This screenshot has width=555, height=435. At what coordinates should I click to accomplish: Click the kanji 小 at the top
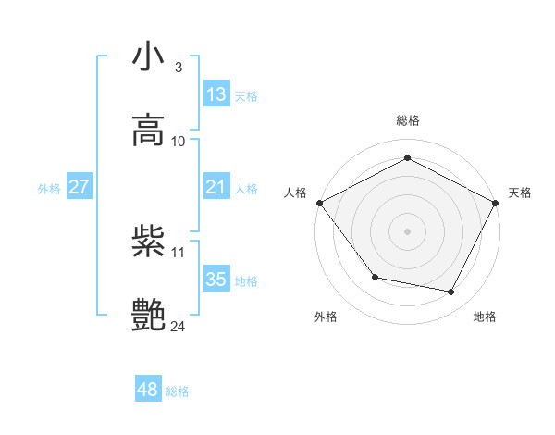click(x=149, y=56)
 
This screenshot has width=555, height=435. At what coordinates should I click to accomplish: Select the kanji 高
click(x=149, y=130)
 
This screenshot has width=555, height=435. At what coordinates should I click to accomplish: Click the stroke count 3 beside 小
click(x=178, y=67)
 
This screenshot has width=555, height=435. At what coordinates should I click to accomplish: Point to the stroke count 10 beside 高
click(x=179, y=141)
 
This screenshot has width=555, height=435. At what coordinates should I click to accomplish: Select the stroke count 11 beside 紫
click(x=179, y=252)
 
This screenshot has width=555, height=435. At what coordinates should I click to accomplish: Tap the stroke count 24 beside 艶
click(x=179, y=326)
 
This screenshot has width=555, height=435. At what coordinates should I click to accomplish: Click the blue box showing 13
click(x=216, y=93)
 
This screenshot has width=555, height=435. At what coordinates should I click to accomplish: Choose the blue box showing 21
click(x=216, y=187)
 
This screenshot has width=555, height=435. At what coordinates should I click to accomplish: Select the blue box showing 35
click(x=216, y=280)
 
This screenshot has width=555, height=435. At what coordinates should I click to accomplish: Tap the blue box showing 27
click(x=80, y=187)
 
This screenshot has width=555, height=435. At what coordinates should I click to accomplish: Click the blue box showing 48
click(x=148, y=390)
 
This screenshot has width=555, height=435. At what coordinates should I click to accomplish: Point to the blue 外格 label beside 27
click(x=49, y=189)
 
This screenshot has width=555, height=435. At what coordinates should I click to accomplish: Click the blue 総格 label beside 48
click(x=178, y=391)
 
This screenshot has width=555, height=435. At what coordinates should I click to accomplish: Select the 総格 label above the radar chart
click(x=408, y=120)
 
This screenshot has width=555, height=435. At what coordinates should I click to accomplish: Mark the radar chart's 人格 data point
click(x=319, y=203)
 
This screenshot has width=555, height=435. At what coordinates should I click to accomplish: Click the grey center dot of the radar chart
click(x=408, y=230)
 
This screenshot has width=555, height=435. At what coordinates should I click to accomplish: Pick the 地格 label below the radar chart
click(x=485, y=317)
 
